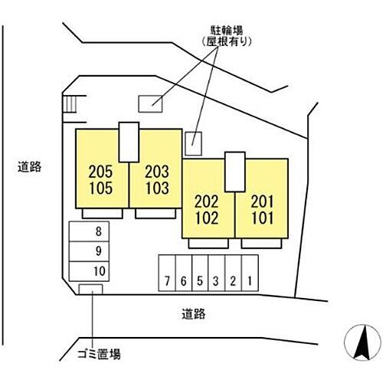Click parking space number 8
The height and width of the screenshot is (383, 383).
[89, 231]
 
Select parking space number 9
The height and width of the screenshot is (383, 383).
[89, 251]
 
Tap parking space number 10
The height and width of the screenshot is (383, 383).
[89, 271]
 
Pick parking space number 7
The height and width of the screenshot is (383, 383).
[167, 273]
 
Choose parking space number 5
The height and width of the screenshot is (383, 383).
[200, 273]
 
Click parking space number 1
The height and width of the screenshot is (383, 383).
[250, 273]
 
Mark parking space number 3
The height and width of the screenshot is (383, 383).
[216, 273]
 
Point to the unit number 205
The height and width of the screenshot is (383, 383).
[100, 172]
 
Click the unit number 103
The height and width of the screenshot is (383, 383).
[157, 188]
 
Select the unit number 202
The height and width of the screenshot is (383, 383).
[207, 201]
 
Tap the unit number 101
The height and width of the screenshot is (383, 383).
[263, 218]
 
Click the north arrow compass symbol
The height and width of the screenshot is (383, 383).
[362, 342]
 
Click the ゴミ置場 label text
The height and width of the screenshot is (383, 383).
[99, 354]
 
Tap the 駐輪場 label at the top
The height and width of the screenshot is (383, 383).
[227, 31]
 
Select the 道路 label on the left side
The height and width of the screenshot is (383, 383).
[29, 167]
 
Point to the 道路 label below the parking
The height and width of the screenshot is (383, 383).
[194, 314]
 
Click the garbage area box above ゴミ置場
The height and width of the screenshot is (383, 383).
[90, 290]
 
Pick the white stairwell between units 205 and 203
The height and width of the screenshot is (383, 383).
[129, 142]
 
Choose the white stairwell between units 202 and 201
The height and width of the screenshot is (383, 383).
[235, 172]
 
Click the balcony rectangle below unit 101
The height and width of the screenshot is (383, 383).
[261, 244]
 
